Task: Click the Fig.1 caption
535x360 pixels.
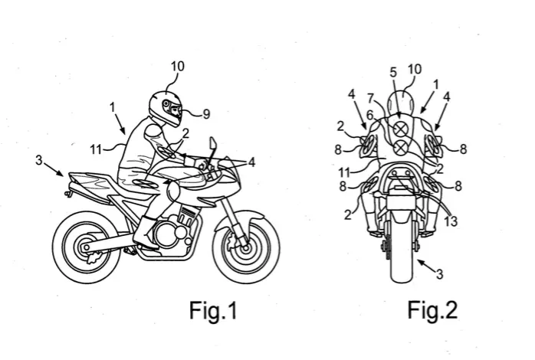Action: click(x=213, y=310)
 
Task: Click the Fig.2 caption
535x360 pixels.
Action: click(x=432, y=310)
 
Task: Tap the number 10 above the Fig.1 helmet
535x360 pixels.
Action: click(x=177, y=67)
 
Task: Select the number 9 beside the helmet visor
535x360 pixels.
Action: click(x=206, y=114)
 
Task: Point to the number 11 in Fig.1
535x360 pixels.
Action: click(x=96, y=149)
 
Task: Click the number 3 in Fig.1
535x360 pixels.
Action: click(x=39, y=160)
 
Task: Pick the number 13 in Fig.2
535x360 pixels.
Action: click(x=451, y=221)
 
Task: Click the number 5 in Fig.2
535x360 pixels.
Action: click(x=393, y=73)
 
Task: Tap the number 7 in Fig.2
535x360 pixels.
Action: click(x=372, y=99)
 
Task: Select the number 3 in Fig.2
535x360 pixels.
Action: click(x=439, y=274)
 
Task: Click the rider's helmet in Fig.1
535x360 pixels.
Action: click(x=166, y=108)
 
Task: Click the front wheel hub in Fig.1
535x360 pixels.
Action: click(x=245, y=247)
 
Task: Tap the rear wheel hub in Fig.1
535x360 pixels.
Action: click(x=87, y=247)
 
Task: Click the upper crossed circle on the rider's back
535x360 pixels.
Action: click(x=401, y=129)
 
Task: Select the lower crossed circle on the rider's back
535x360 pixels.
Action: click(x=401, y=147)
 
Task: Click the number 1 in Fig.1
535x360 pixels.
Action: click(x=112, y=108)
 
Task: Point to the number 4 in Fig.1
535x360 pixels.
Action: click(x=252, y=162)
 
